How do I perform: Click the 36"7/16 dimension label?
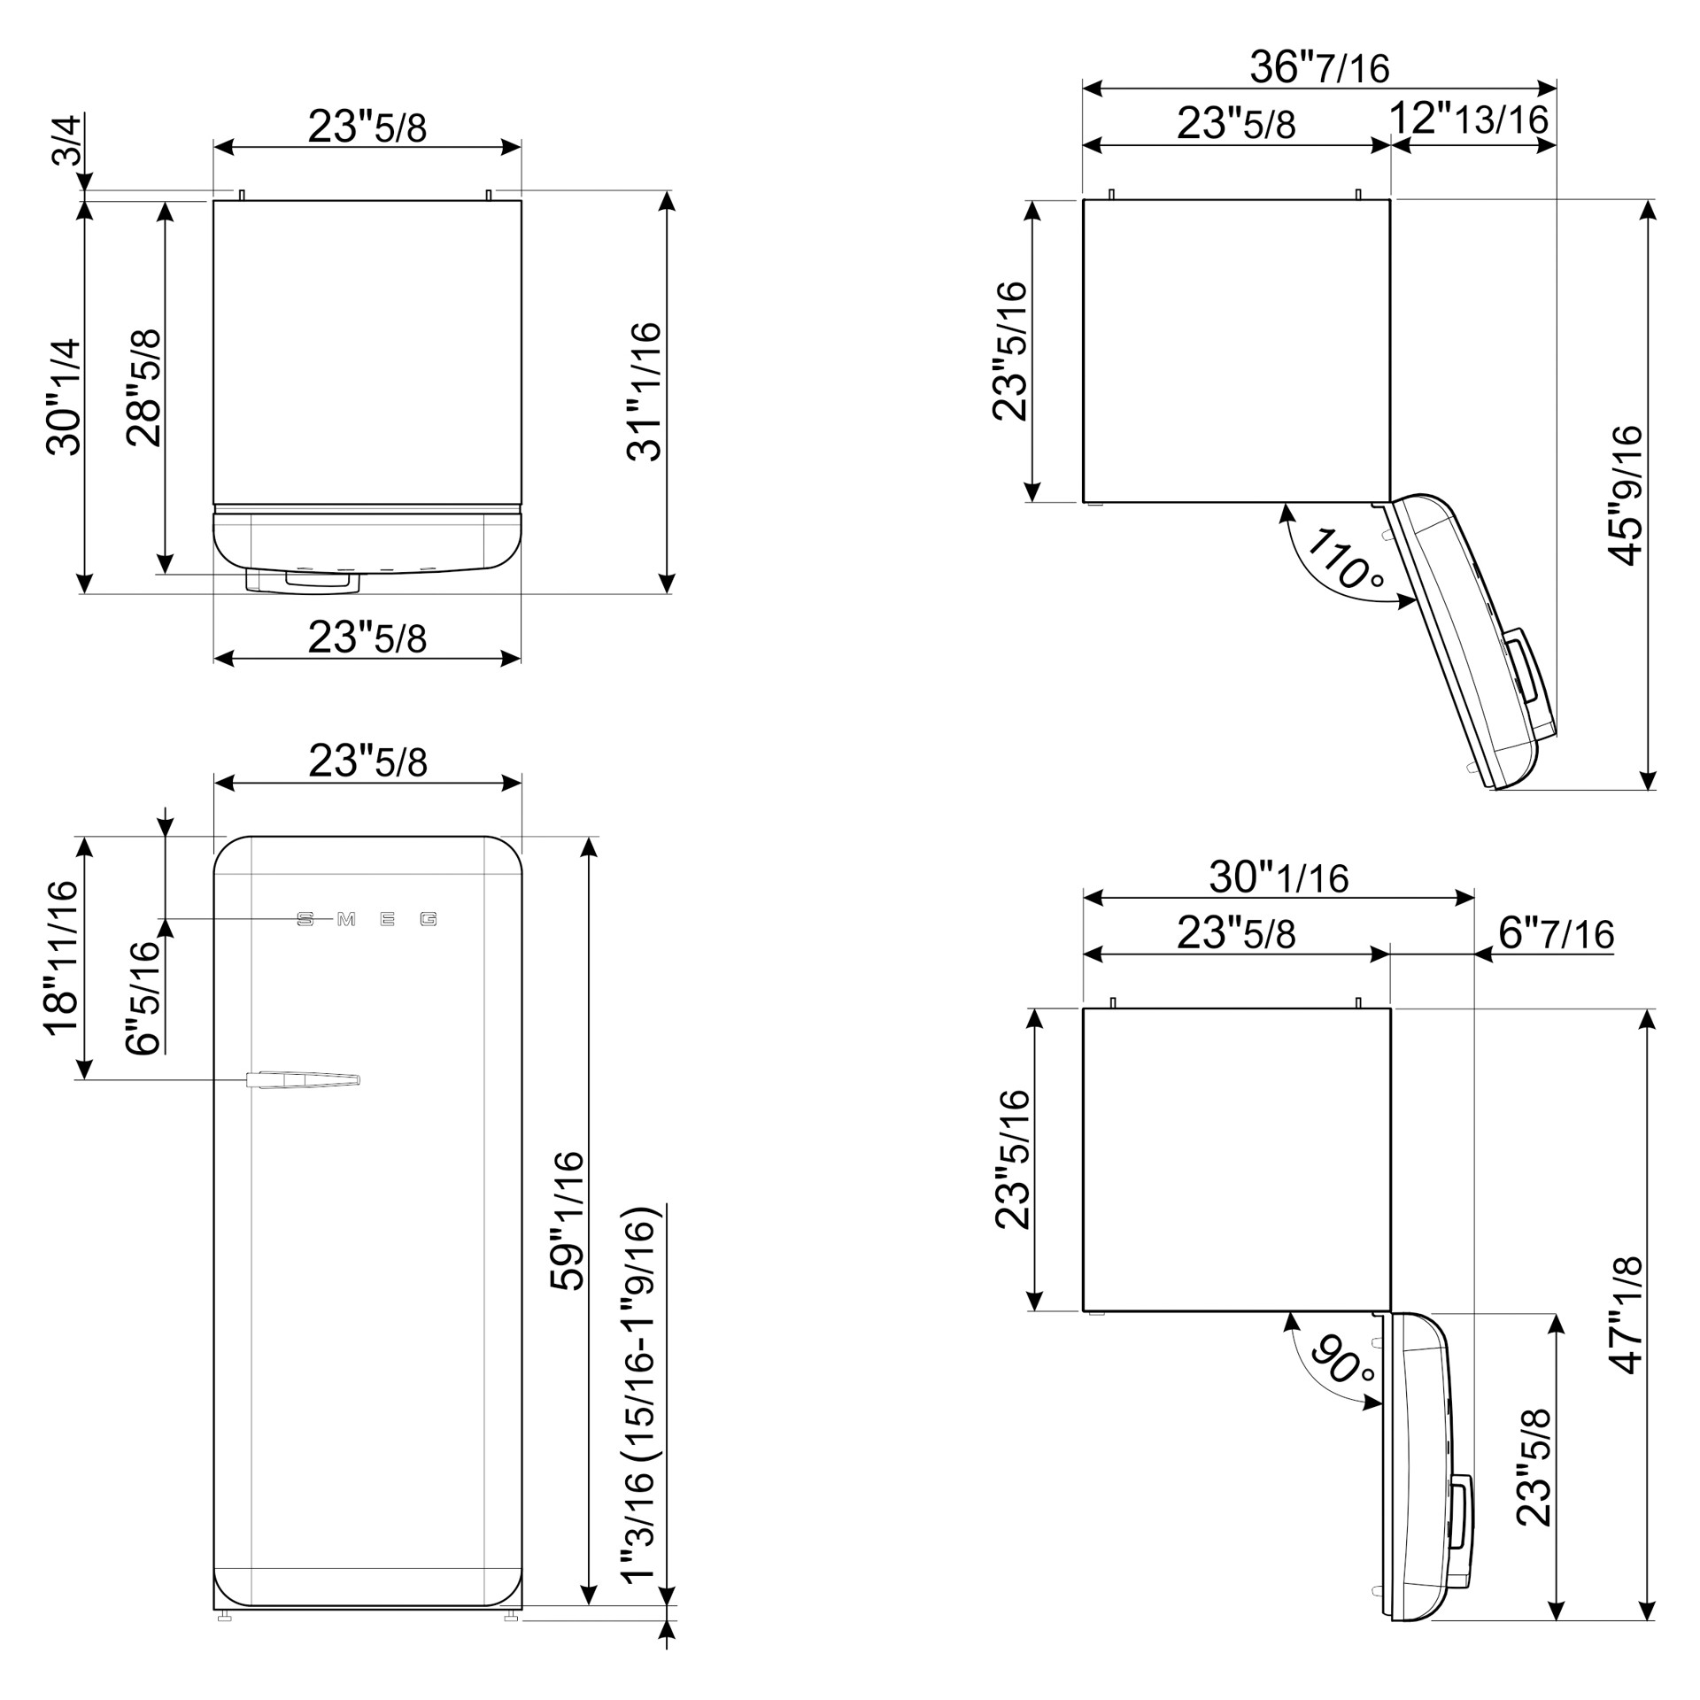[x=1319, y=66]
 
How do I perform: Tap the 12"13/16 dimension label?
[x=1468, y=119]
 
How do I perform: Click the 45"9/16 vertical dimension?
[x=1626, y=495]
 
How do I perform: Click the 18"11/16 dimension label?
[x=63, y=958]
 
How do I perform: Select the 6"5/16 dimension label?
[x=143, y=998]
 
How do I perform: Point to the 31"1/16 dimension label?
[x=645, y=391]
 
